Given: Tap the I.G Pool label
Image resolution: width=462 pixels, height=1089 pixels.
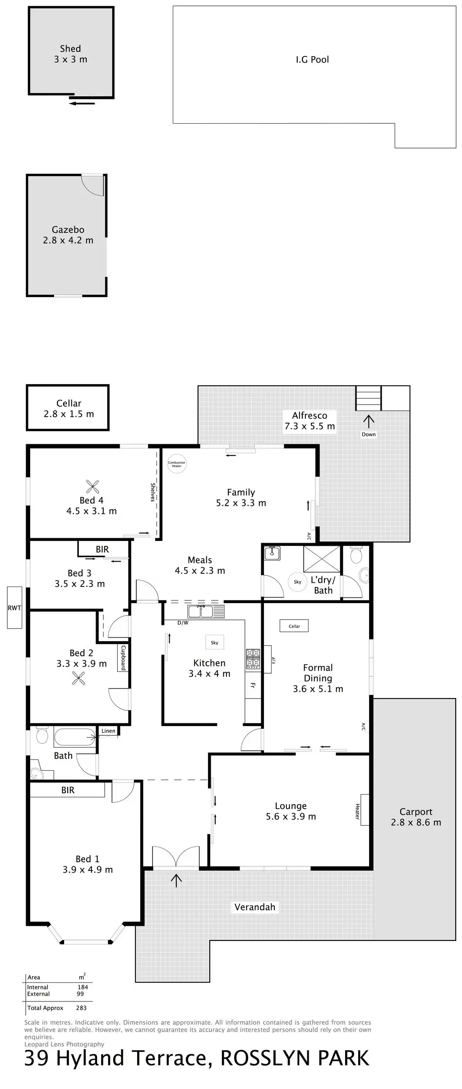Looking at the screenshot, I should click(312, 60).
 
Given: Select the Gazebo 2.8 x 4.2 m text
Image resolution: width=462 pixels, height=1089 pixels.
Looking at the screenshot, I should click(68, 235).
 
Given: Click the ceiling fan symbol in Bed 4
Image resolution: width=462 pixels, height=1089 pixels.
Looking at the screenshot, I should click(92, 486).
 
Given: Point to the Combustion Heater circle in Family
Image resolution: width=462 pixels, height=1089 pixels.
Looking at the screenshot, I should click(176, 464).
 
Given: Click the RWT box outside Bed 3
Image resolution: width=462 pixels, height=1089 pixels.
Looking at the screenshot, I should click(14, 608).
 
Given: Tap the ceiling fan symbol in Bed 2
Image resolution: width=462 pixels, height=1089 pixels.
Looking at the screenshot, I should click(79, 678).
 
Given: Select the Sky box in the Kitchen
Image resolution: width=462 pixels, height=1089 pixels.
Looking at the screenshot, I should click(214, 642).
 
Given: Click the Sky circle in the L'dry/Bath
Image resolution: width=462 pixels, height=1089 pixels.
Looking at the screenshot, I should click(297, 582).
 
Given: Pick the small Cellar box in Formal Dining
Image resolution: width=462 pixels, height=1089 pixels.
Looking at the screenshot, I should click(294, 626).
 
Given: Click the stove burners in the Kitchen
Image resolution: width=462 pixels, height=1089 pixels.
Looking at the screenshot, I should click(253, 658).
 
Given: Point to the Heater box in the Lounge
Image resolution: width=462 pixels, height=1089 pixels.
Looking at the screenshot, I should click(364, 810).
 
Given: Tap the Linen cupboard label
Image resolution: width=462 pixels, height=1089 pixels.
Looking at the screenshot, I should click(108, 731).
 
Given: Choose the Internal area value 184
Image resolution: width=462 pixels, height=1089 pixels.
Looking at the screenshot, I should click(83, 987).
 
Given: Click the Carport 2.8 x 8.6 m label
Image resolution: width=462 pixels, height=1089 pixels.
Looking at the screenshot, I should click(416, 817).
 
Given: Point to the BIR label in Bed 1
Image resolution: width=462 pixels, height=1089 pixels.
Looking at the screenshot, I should click(68, 790).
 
